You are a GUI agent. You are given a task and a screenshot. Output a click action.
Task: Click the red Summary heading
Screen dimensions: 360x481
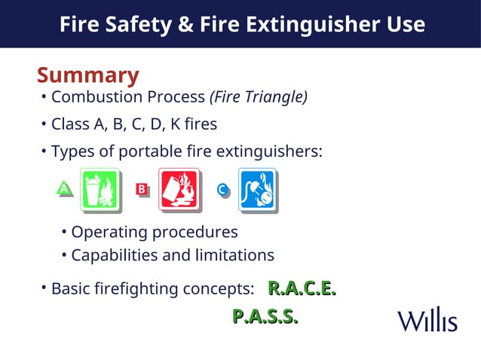pos(87,75)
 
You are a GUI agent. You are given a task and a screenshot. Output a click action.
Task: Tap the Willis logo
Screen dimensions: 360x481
pos(427,320)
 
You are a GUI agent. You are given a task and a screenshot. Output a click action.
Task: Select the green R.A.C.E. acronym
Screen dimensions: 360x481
pos(302,288)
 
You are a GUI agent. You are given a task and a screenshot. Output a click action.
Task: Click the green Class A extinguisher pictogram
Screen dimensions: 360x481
pos(100,188)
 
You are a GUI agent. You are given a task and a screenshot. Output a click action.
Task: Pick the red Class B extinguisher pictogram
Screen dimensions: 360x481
pos(179,189)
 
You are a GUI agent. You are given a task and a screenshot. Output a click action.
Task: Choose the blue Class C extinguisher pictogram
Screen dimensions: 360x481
pos(258,189)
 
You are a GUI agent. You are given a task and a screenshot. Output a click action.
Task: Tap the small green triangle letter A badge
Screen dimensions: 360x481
pos(66,189)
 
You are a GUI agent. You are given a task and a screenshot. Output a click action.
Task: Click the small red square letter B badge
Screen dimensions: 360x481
pos(141,189)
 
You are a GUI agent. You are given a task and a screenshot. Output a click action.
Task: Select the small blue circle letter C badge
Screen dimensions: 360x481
pos(222,190)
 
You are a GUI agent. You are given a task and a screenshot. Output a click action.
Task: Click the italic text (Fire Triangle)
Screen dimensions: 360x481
pos(259,97)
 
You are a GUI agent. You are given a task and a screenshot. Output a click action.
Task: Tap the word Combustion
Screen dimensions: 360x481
pos(90,97)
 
